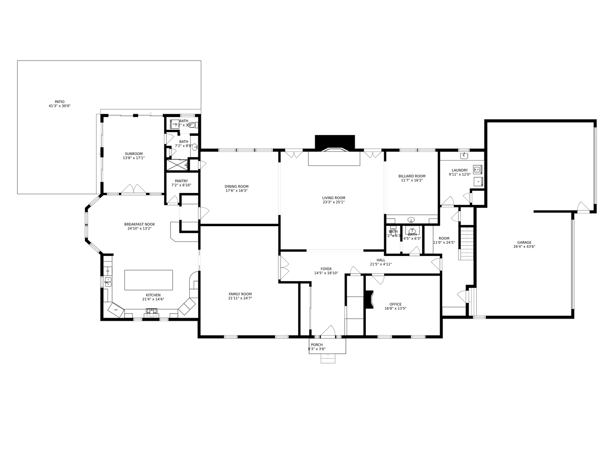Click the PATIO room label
(x=59, y=102)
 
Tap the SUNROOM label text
(x=133, y=154)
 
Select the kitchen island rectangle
(x=148, y=280)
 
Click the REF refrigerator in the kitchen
(x=116, y=310)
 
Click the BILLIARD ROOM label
(x=411, y=176)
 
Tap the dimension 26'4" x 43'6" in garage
(x=524, y=247)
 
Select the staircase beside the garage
(x=466, y=243)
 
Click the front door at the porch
(x=327, y=331)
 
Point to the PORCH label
(x=316, y=345)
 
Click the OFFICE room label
(x=395, y=304)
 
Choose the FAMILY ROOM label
(x=240, y=294)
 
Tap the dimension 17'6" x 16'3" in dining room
(x=236, y=191)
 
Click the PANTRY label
(x=181, y=181)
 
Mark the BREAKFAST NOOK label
(x=139, y=224)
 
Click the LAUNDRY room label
(x=460, y=170)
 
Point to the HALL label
(x=380, y=260)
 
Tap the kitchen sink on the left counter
(x=108, y=282)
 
